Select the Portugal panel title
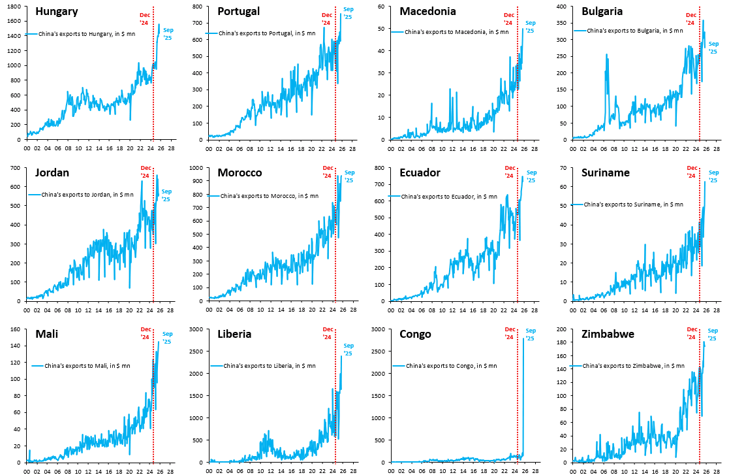(238, 11)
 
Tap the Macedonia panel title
(427, 11)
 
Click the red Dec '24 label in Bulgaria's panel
(690, 19)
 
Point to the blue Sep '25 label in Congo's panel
(530, 335)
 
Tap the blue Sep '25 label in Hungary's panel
(168, 34)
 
